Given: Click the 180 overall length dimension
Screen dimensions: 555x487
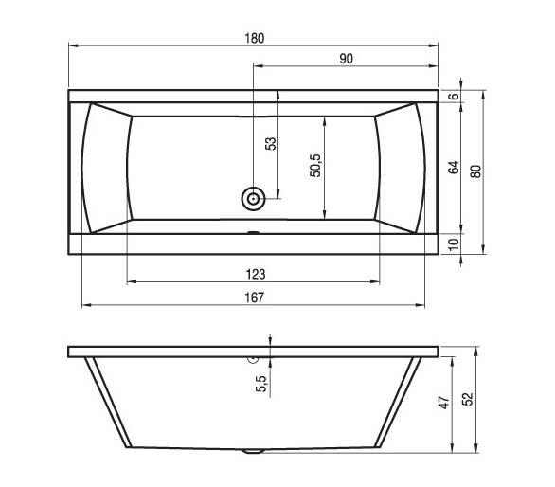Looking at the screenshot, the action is point(255,38).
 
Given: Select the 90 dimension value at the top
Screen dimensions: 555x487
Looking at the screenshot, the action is point(347,59).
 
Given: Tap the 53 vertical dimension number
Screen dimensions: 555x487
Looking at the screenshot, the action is point(271,143).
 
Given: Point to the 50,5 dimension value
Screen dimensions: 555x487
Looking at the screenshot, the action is point(315,166).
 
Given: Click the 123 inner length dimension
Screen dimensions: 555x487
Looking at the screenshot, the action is point(256,274).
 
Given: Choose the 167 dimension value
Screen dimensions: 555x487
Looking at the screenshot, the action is point(255,298).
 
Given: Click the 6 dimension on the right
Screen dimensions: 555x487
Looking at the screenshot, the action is point(454,96).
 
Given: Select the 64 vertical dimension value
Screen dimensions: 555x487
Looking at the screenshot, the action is point(454,167).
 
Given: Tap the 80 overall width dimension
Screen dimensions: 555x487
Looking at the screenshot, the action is point(476,171).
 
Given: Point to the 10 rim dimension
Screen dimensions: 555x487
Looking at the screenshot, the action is point(454,244).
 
